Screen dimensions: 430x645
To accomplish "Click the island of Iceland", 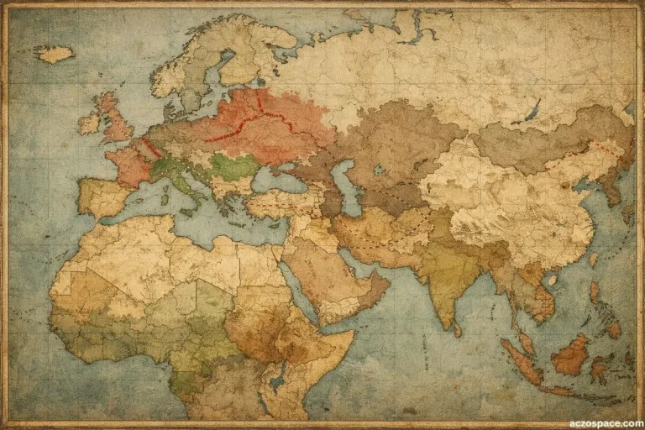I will pos(54,54).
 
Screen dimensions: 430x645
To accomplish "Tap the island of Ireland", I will pos(89,124).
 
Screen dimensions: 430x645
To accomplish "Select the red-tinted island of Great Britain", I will pos(114,120).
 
